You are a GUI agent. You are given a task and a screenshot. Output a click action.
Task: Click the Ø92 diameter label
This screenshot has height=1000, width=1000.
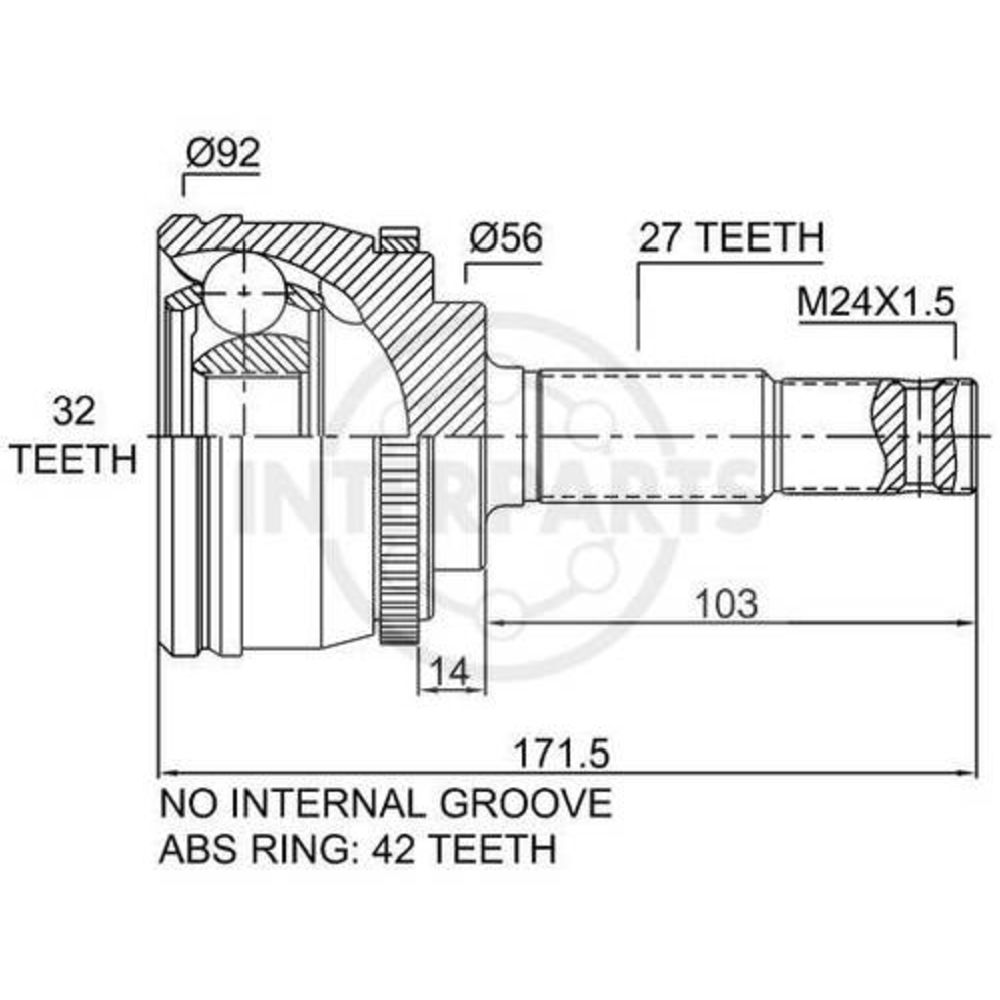click(224, 153)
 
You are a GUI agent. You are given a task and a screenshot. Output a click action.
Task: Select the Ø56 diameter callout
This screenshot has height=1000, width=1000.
click(506, 238)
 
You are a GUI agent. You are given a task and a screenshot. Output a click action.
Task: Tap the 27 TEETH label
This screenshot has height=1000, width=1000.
click(732, 237)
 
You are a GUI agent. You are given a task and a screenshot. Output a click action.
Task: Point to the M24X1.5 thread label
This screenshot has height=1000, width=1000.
click(875, 302)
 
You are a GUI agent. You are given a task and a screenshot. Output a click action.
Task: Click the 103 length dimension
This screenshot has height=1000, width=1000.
click(727, 603)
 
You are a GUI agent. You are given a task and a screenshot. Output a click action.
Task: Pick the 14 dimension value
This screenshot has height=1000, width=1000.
click(449, 671)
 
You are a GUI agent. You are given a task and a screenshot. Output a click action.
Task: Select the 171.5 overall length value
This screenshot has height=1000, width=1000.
click(562, 754)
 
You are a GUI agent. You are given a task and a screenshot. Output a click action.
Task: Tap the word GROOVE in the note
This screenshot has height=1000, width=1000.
click(526, 803)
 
